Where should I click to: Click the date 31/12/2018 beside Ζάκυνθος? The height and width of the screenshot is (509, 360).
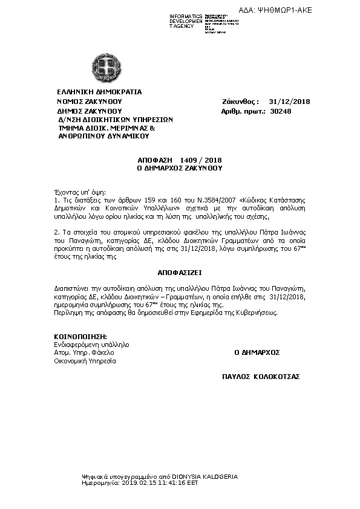click(x=289, y=102)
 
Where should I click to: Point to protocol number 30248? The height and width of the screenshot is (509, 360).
click(x=281, y=111)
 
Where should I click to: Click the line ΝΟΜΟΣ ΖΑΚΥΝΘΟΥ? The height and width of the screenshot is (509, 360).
click(x=90, y=102)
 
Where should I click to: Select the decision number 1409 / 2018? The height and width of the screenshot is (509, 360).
click(x=205, y=160)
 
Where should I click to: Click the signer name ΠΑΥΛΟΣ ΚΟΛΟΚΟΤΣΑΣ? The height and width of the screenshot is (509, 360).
click(x=261, y=376)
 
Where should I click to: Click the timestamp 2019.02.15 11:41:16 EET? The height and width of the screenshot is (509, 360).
click(x=160, y=484)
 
